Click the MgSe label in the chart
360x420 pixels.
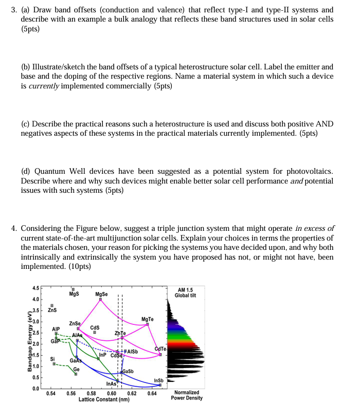pos(101,295)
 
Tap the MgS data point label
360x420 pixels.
pos(74,294)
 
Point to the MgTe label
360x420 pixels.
pos(148,320)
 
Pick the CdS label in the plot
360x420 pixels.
pos(95,327)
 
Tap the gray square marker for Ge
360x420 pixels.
pos(76,374)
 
